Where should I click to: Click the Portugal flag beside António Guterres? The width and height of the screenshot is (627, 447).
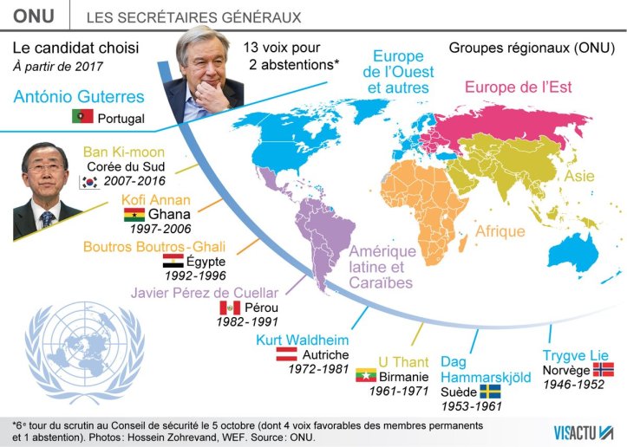coord(82,117)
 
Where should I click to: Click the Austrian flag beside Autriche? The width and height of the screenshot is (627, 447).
coord(287,354)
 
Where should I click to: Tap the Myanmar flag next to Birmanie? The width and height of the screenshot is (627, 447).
coord(366,376)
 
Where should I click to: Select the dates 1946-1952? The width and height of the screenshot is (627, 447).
coord(577,385)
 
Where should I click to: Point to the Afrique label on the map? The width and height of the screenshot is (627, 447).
coord(500,231)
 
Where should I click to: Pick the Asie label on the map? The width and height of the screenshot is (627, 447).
coord(580,176)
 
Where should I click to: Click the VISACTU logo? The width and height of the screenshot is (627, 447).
coord(585,430)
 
